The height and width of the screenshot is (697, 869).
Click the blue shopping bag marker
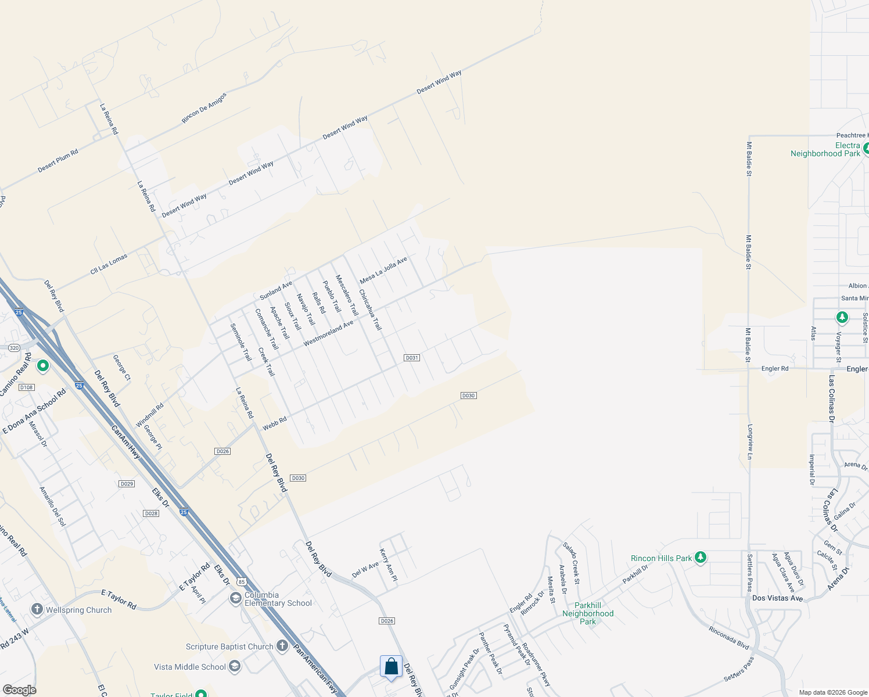point(391,666)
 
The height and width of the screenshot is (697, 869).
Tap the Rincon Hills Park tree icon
point(701,558)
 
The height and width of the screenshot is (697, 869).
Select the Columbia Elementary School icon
point(235,598)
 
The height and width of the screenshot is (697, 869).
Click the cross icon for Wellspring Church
point(37,609)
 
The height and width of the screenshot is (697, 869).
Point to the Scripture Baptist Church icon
point(282,646)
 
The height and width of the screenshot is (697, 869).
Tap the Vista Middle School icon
point(234,666)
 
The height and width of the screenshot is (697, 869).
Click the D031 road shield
point(412,358)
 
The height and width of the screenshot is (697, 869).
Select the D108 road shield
point(27,387)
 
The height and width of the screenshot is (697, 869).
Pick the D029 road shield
point(127,484)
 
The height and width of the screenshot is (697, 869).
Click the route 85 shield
point(242,581)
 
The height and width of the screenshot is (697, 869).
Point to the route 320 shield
point(14,348)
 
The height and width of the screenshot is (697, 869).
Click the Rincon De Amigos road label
point(204,108)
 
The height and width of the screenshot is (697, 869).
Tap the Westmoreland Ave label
point(328,333)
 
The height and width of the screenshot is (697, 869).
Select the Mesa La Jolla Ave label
point(383,271)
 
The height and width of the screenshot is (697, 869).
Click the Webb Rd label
point(275,423)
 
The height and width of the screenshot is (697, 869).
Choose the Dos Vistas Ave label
point(777,598)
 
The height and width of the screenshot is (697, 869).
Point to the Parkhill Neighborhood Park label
point(588,613)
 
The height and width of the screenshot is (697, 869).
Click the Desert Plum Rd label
point(58,161)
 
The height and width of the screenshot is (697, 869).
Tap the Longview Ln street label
point(750,442)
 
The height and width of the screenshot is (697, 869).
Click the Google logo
point(19,689)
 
